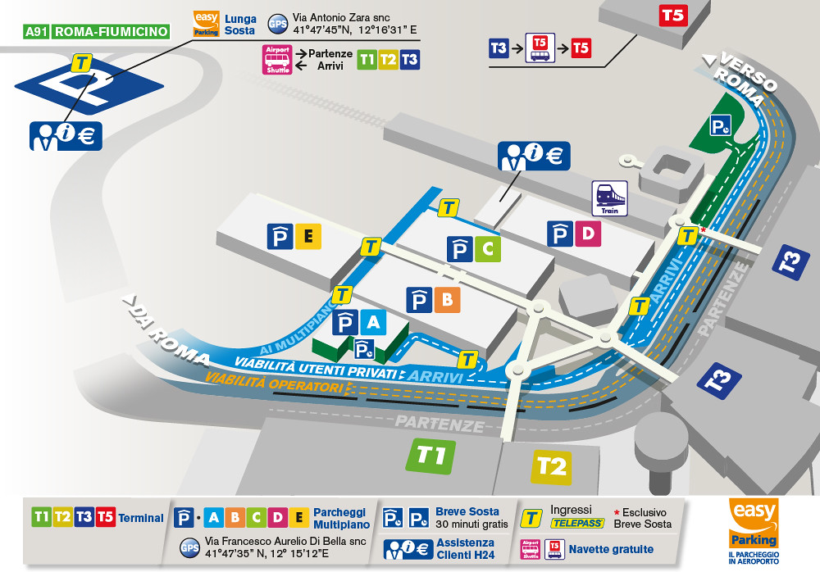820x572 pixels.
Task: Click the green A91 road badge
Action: pos(36,32)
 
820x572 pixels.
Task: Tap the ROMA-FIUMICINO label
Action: pos(110,32)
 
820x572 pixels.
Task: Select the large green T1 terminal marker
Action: pos(430,455)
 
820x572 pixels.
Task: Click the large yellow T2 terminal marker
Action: pos(551,466)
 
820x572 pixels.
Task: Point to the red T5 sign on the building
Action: pos(672,15)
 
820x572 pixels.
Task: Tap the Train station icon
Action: pos(609,198)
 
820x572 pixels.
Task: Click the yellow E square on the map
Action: pos(308,237)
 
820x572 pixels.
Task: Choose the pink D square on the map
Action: pos(587,234)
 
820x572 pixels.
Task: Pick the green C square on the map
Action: pos(488,248)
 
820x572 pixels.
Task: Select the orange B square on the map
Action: pos(447,300)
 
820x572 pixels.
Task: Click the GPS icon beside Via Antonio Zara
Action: pos(277,25)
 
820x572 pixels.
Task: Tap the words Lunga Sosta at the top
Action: pos(240,25)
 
